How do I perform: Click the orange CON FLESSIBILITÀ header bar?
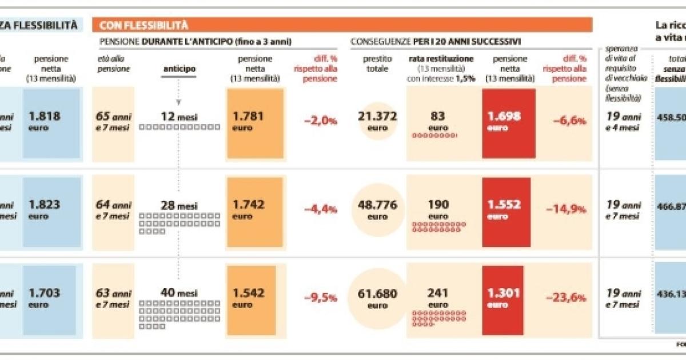point(343,25)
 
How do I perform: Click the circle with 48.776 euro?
point(377,210)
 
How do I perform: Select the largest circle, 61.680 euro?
point(377,298)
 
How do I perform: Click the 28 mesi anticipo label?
point(179,205)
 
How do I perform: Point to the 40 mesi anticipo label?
point(179,293)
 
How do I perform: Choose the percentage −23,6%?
point(569,298)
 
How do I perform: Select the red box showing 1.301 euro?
point(509,298)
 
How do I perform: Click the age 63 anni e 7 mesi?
point(113,298)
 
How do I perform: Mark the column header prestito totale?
point(377,63)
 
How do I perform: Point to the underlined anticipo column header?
point(179,69)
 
